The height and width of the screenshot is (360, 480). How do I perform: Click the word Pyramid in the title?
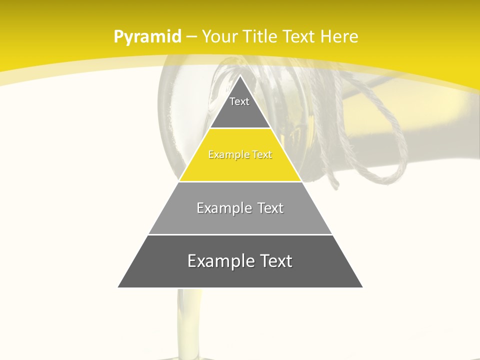click(x=147, y=37)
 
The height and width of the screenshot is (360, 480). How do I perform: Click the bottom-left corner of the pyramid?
click(x=118, y=287)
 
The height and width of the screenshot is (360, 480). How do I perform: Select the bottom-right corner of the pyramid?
click(x=362, y=287)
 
